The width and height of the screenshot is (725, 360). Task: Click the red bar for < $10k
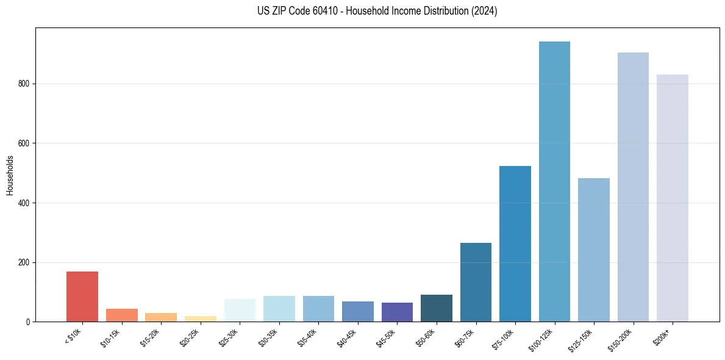[82, 297]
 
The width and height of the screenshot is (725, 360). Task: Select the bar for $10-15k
[121, 315]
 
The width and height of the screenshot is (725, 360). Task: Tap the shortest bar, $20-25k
[200, 319]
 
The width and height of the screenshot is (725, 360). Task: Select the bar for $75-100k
[515, 243]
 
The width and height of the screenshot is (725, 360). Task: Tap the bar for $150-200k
[633, 187]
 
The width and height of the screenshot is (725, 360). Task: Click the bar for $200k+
[672, 198]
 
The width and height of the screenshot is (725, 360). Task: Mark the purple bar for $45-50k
[397, 312]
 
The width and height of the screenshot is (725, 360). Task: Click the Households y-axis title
[10, 175]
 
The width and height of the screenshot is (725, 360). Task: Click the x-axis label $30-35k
[269, 337]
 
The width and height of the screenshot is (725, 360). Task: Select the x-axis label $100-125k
[542, 339]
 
